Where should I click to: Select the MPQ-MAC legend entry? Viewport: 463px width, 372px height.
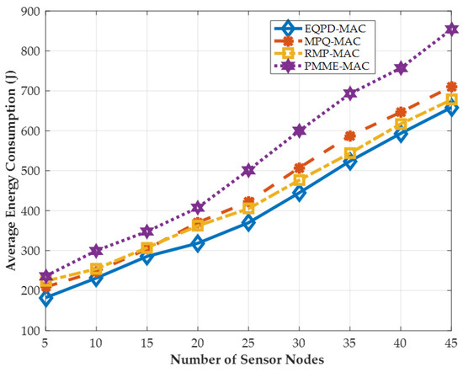[311, 40]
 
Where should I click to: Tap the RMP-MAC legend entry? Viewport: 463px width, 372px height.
[311, 51]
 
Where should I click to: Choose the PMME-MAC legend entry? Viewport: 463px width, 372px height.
[311, 64]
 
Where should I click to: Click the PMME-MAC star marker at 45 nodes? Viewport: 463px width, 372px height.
[451, 29]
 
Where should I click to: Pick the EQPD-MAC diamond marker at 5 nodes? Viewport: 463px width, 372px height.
[46, 298]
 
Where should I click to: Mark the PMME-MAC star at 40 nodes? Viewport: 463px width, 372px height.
[401, 68]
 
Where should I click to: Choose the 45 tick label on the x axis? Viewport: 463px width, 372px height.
[451, 345]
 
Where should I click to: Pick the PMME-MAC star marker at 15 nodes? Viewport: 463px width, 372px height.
[148, 231]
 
